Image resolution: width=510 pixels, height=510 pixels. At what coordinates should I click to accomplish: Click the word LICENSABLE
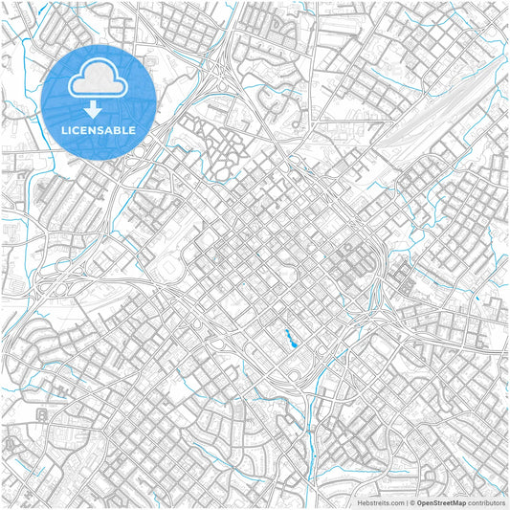(x=99, y=129)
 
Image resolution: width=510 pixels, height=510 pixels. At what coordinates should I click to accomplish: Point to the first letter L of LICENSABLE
(x=64, y=129)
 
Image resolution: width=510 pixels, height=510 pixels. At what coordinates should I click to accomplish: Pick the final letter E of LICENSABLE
(x=133, y=129)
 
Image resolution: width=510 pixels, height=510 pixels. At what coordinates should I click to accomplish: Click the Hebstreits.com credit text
(x=381, y=501)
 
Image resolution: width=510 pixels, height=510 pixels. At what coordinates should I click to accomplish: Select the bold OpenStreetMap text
(x=441, y=501)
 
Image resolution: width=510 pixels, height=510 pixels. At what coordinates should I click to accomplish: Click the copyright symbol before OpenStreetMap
(x=412, y=501)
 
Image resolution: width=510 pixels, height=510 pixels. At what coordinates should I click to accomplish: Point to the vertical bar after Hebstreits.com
(x=406, y=501)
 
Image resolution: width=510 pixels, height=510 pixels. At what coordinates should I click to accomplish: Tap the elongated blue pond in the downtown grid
(x=287, y=336)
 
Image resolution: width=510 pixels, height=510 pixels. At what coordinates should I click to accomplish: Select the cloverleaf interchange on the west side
(x=59, y=286)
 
